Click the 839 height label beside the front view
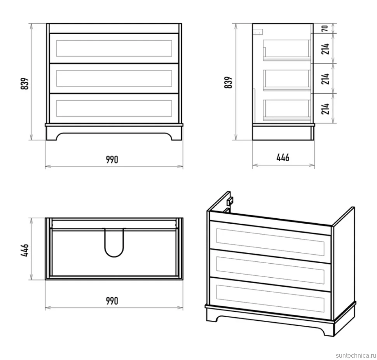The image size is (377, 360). [25, 83]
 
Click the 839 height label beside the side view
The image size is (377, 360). [228, 82]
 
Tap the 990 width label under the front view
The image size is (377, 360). [112, 160]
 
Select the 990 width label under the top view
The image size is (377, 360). [112, 301]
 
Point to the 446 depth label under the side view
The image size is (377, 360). [283, 158]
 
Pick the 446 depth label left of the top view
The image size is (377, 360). [25, 250]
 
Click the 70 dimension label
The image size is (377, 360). [325, 28]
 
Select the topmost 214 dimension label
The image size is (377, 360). [325, 49]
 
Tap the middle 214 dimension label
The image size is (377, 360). [325, 79]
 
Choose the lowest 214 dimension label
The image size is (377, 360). [325, 109]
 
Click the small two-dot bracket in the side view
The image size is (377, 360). [258, 32]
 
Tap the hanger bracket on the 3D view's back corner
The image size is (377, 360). [230, 201]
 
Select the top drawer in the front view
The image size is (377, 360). [114, 48]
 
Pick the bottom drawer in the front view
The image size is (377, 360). [114, 108]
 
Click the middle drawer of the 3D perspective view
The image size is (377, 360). [270, 270]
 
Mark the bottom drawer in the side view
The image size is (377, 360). [286, 110]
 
